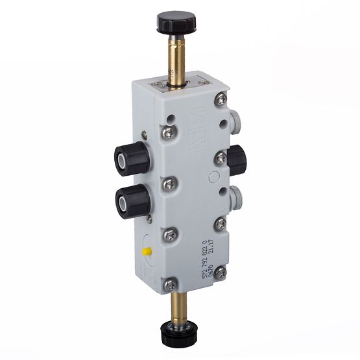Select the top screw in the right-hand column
tap(222, 99)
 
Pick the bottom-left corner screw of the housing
tap(169, 284)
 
